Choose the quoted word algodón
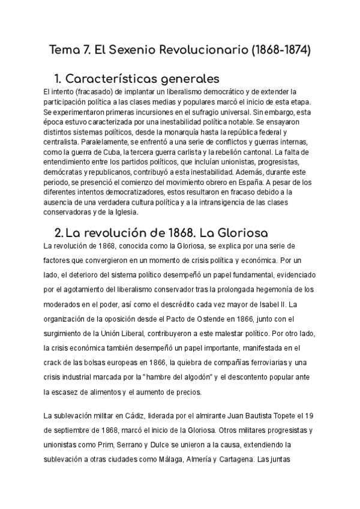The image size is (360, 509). pyautogui.click(x=193, y=376)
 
